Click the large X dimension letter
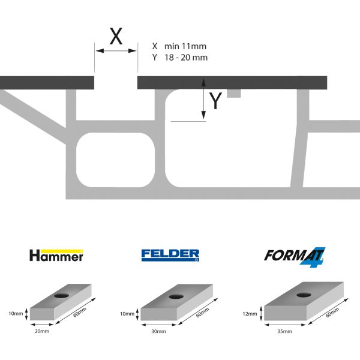116,37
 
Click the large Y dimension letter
216,101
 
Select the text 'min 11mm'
185,46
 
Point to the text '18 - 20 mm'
185,58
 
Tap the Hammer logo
56,256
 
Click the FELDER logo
170,255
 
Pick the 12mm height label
251,314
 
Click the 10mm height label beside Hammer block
16,313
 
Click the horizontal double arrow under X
116,52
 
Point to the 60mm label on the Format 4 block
332,313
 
